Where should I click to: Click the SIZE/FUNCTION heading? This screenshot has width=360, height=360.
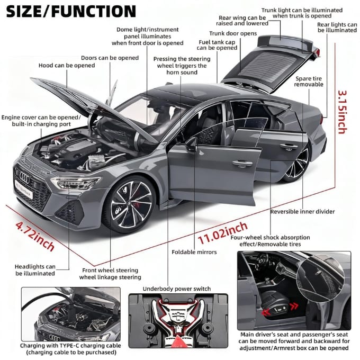(x=71, y=12)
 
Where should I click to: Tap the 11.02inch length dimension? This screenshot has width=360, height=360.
(x=223, y=233)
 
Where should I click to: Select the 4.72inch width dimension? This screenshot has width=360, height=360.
(x=35, y=236)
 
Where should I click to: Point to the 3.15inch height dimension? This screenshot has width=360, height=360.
(x=343, y=112)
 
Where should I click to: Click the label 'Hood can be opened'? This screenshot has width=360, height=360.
(x=67, y=66)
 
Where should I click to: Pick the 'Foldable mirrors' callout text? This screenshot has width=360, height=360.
(x=194, y=252)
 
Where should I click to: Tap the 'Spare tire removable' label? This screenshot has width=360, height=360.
(x=309, y=82)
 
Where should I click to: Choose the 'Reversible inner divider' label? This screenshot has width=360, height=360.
(x=302, y=211)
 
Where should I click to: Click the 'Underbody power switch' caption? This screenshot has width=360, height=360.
(x=176, y=289)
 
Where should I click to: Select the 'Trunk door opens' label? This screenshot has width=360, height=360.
(x=233, y=33)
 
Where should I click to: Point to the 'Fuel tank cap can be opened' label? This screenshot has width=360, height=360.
(x=217, y=45)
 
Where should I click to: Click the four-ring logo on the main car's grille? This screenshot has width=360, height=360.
(x=25, y=177)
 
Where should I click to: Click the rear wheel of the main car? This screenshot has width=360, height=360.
(x=296, y=165)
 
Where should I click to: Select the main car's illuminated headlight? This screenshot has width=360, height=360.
(x=75, y=183)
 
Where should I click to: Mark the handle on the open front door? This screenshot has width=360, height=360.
(x=242, y=164)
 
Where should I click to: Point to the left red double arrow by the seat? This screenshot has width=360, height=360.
(x=266, y=312)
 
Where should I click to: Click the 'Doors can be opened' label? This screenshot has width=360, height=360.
(x=110, y=58)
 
